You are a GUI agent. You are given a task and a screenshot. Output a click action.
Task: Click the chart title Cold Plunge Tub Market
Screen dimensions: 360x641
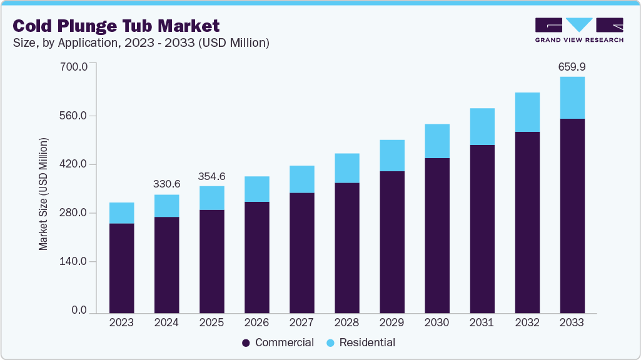[x=116, y=26]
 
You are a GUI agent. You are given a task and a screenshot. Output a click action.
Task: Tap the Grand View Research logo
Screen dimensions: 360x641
[x=579, y=29]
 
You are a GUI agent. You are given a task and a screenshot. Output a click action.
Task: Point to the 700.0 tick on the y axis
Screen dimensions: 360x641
[x=73, y=66]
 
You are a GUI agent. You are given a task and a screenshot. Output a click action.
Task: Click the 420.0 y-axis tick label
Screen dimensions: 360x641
[x=73, y=165]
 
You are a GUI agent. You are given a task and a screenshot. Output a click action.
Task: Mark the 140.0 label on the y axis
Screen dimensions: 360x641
[x=73, y=262]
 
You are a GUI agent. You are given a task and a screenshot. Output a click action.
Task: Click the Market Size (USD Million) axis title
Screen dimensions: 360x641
[x=43, y=193]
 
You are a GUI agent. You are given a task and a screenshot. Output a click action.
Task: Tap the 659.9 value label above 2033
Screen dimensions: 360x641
[x=572, y=67]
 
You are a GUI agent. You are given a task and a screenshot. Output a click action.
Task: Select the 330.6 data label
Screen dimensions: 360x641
[x=166, y=184]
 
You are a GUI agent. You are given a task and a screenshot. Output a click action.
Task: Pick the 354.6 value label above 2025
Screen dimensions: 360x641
[x=211, y=176]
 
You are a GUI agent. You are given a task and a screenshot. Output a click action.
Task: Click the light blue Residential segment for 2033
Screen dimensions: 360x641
[x=572, y=97]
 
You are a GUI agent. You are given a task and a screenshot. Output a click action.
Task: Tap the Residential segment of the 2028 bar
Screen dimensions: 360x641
[x=346, y=168]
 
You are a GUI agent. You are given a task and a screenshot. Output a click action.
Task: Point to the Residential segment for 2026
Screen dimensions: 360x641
[x=256, y=189]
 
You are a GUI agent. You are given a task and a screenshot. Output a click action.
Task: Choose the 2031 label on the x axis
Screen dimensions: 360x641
[x=482, y=322]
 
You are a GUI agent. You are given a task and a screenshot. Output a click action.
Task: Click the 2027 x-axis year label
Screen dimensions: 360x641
[x=301, y=322]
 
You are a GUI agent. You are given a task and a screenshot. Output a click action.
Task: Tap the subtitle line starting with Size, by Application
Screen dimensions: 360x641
[x=141, y=43]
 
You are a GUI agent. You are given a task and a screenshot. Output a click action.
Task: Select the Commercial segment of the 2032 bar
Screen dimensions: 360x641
[x=527, y=222]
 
